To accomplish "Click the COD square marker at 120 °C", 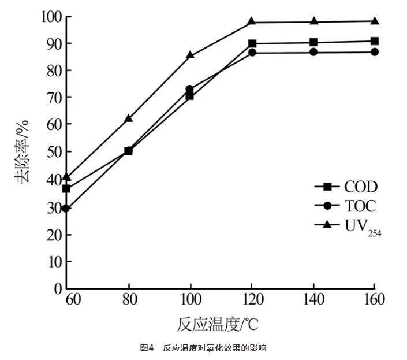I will tap(252, 44).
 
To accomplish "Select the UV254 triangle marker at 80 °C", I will tap(128, 118).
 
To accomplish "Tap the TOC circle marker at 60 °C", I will tap(66, 208).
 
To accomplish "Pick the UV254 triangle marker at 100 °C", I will tap(190, 55).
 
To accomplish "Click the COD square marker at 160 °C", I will tap(375, 41).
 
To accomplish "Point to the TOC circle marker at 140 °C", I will tap(313, 52).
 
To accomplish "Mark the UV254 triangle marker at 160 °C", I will tap(375, 21).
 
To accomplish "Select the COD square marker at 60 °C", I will tap(66, 188).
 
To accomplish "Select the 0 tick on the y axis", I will tap(57, 288).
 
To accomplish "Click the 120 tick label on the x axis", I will tap(252, 300).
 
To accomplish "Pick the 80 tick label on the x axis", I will tap(128, 300).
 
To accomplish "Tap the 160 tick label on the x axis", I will tap(374, 300).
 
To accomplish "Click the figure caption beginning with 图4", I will tap(203, 348).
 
